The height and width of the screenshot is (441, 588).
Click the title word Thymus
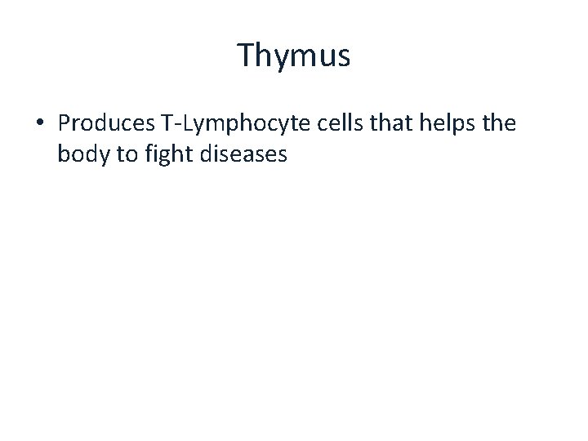(294, 56)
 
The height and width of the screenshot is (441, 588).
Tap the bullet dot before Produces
(40, 124)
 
